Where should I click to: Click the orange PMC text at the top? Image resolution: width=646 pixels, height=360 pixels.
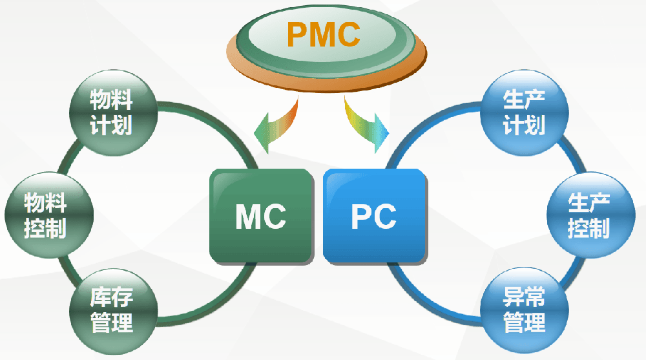click(x=323, y=35)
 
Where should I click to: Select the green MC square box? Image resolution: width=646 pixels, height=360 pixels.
click(x=261, y=216)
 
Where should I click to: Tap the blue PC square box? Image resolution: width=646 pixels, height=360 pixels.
click(x=374, y=216)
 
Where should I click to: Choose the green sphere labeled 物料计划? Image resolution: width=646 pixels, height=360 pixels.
click(x=112, y=112)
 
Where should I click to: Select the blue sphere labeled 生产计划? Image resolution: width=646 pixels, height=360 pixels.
click(x=524, y=112)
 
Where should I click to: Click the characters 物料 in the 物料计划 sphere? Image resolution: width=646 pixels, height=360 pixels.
click(x=112, y=100)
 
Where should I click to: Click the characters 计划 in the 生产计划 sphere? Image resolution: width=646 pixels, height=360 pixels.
click(x=524, y=125)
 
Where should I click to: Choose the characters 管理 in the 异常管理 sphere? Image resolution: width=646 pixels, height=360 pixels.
click(x=524, y=322)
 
